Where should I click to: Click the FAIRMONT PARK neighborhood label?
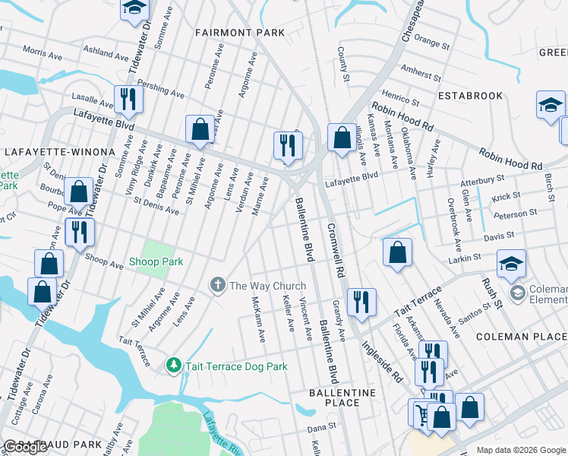[239, 33]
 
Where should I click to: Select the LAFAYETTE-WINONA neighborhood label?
[48, 152]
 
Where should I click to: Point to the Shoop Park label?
[156, 261]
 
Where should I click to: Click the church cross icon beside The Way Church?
[217, 286]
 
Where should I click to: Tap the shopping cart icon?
[420, 414]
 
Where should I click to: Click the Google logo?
[24, 447]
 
